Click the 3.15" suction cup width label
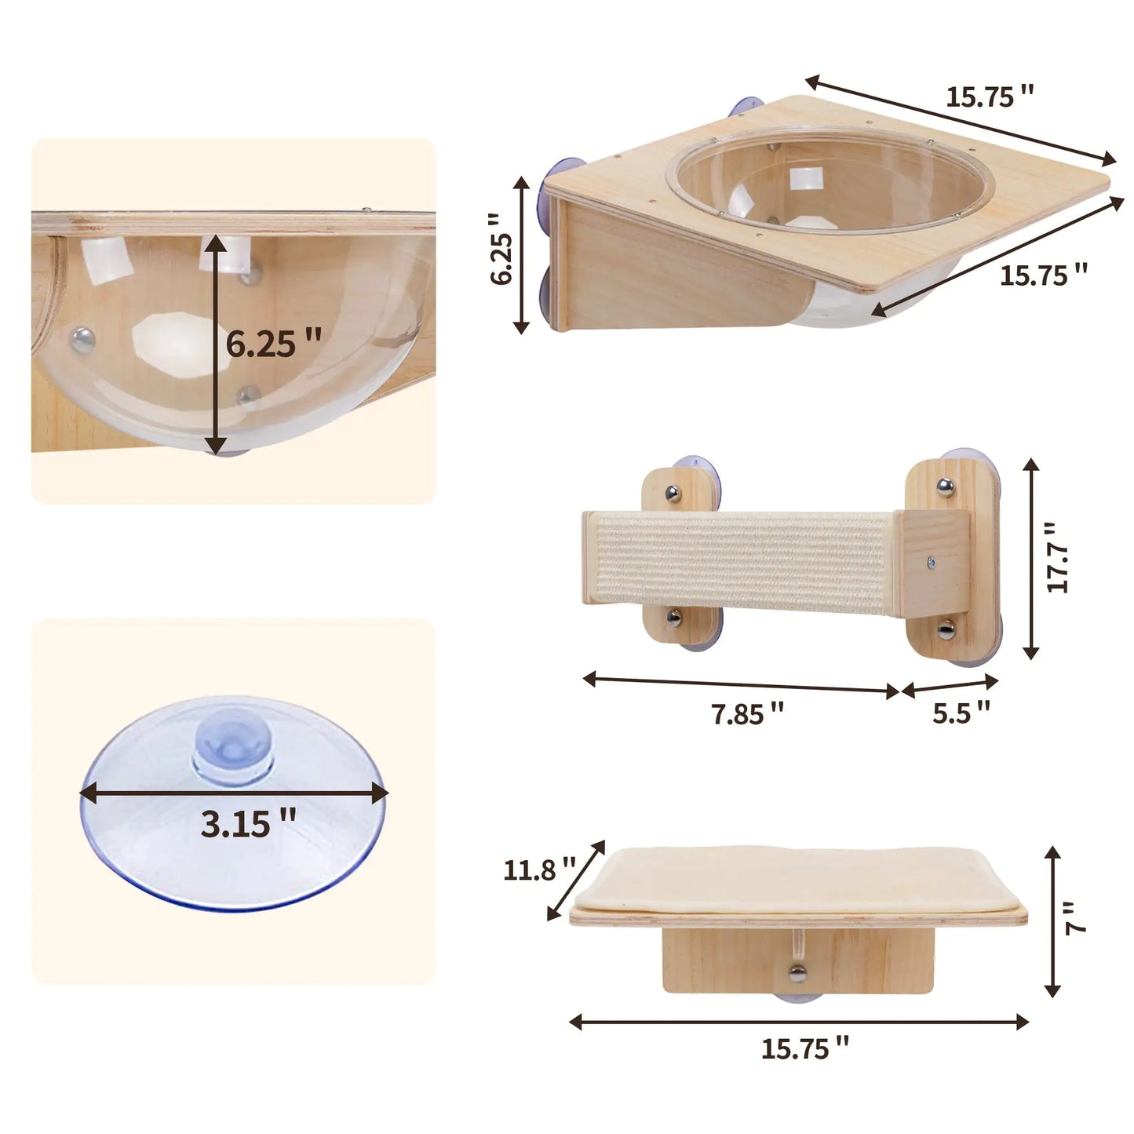click(x=248, y=824)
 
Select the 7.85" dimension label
click(x=747, y=714)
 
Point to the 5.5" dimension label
click(x=961, y=713)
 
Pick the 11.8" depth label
click(x=539, y=870)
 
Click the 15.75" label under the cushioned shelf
click(x=804, y=1048)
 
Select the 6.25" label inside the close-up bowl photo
click(x=274, y=344)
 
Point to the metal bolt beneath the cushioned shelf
click(x=797, y=975)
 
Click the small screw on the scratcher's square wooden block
click(x=931, y=562)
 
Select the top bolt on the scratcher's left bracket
click(x=672, y=493)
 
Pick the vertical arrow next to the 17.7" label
click(x=1031, y=558)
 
